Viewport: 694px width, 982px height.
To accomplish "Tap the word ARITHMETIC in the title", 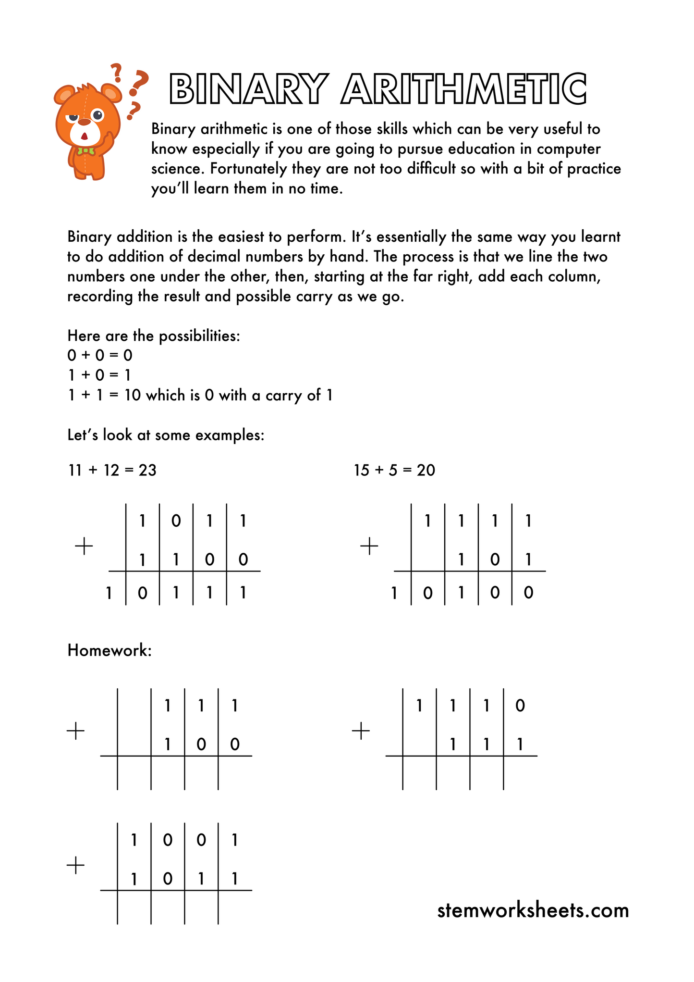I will pyautogui.click(x=464, y=89).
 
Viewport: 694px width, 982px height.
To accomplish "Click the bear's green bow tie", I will pyautogui.click(x=86, y=151).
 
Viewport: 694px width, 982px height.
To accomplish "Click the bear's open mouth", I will pyautogui.click(x=85, y=136).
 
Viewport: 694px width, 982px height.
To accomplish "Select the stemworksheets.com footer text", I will pyautogui.click(x=533, y=910).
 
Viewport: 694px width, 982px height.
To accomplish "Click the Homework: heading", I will pyautogui.click(x=110, y=650).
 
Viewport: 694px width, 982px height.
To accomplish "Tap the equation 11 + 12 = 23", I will pyautogui.click(x=112, y=470).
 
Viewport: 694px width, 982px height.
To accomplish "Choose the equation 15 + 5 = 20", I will pyautogui.click(x=394, y=470).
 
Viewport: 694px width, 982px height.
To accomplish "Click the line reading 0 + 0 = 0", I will pyautogui.click(x=99, y=356).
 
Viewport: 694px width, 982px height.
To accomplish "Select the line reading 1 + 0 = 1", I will pyautogui.click(x=99, y=375).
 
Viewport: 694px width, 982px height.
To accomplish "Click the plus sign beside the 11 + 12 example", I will pyautogui.click(x=84, y=547).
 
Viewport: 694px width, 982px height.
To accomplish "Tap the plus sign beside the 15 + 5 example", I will pyautogui.click(x=369, y=547).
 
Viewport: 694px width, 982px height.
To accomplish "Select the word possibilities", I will pyautogui.click(x=199, y=336).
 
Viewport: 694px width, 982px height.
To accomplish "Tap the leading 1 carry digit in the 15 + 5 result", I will pyautogui.click(x=394, y=593).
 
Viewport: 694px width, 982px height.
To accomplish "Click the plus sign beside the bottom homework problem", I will pyautogui.click(x=75, y=866).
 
